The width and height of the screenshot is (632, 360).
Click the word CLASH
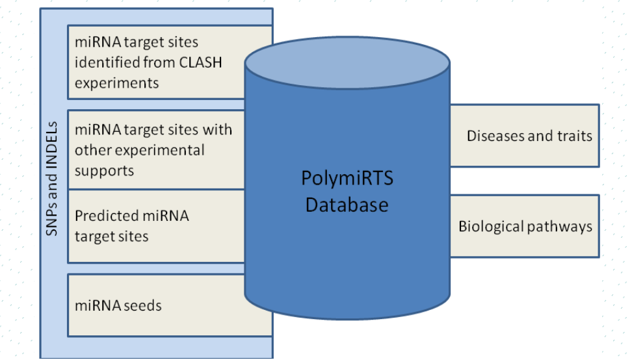click(200, 62)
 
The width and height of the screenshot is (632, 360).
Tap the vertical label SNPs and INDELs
click(51, 179)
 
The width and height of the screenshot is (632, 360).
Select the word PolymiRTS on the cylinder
click(347, 179)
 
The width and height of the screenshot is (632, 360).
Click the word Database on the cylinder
click(347, 205)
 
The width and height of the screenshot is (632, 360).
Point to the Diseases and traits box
click(524, 136)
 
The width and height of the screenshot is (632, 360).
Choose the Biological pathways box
click(524, 226)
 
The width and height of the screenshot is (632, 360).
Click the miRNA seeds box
click(170, 305)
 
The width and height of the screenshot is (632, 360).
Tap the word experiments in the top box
click(117, 83)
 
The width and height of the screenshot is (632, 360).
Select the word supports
click(105, 171)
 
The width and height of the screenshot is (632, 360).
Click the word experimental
click(161, 151)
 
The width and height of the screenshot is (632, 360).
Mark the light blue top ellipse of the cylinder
click(347, 62)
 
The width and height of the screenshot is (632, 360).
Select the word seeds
click(142, 305)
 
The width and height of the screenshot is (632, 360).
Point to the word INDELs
click(51, 149)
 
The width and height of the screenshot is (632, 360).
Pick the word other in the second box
click(94, 151)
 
